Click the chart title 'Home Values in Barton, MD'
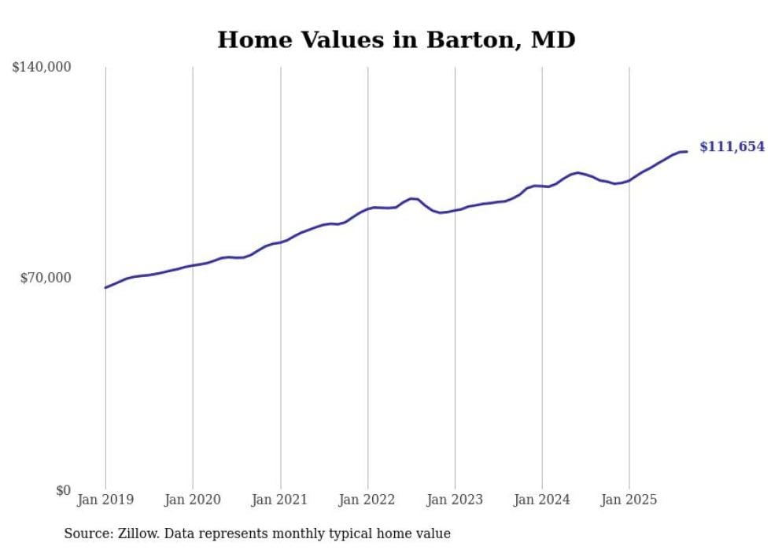coord(396,39)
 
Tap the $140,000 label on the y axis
coord(42,68)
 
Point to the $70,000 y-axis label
coord(45,278)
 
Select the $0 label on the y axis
coord(63,490)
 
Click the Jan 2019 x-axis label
coord(105,500)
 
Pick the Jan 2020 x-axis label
coord(193,500)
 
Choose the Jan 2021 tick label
coord(280,500)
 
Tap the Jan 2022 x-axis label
coord(367,500)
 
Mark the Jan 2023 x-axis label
coord(455,500)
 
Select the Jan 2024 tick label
coord(542,500)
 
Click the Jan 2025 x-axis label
coord(629,500)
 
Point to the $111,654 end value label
coord(732,147)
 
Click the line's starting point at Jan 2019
coord(105,287)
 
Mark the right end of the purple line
coord(687,151)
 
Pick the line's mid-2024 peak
coord(577,172)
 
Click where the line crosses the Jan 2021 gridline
coord(280,242)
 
